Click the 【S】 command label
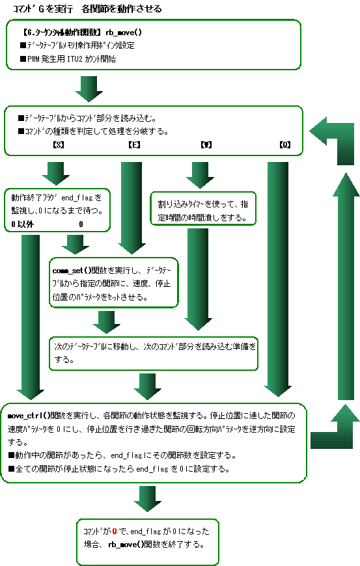click(57, 144)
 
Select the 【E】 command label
click(134, 144)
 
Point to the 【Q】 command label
click(284, 144)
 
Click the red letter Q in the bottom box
click(115, 532)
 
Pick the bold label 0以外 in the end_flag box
click(22, 224)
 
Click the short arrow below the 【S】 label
click(57, 173)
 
